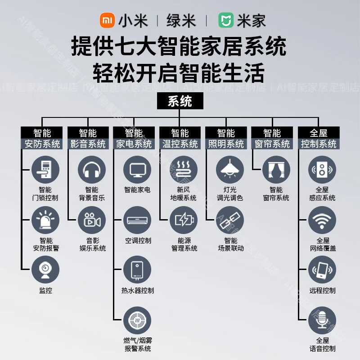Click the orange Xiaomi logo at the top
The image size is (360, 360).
107,21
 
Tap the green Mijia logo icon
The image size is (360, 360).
226,21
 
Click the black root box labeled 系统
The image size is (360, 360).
180,101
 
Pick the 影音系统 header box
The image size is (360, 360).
88,138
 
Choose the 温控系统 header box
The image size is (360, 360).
180,138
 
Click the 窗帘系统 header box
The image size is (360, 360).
272,138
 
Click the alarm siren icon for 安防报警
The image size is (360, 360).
45,220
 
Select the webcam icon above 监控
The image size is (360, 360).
45,270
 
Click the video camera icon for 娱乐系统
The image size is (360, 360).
92,220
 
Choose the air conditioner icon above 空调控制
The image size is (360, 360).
137,220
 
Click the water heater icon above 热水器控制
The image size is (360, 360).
137,270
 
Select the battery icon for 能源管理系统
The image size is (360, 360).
184,220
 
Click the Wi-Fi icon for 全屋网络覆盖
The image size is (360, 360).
322,220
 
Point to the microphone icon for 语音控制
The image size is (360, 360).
322,319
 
